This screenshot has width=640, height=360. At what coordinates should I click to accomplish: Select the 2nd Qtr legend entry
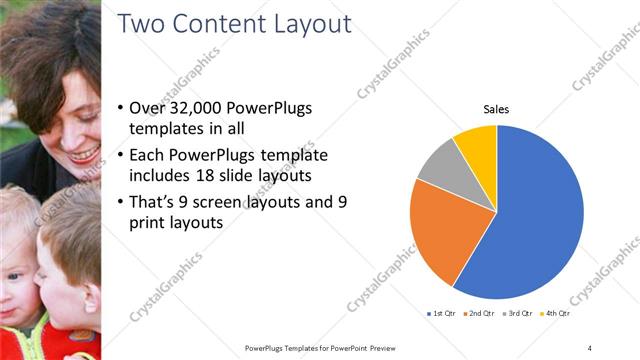(483, 314)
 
